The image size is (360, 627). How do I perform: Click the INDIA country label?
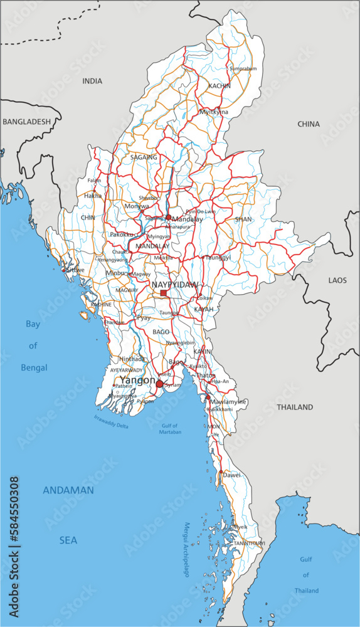pos(92,81)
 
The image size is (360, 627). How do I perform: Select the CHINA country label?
pos(309,124)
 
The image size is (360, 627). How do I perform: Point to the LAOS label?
pos(337,280)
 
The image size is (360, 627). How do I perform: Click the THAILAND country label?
pos(295,407)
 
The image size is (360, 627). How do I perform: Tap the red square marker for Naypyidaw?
pos(164,293)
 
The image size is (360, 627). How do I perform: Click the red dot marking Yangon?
pos(160,384)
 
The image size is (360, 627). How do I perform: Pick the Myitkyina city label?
pos(213,112)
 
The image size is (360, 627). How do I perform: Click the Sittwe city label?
pos(75,270)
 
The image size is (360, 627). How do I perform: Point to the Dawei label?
pos(232,475)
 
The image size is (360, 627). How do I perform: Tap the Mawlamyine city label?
pos(228,401)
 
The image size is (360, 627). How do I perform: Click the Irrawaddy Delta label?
pos(111,421)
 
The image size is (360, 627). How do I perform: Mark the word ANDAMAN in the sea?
pos(68,490)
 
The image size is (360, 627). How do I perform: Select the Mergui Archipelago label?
pos(186,550)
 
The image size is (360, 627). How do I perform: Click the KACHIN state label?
pos(220,86)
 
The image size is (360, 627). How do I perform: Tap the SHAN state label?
pos(243,219)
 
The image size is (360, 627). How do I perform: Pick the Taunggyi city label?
pos(218,257)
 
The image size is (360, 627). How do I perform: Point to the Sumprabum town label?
pos(243,68)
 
